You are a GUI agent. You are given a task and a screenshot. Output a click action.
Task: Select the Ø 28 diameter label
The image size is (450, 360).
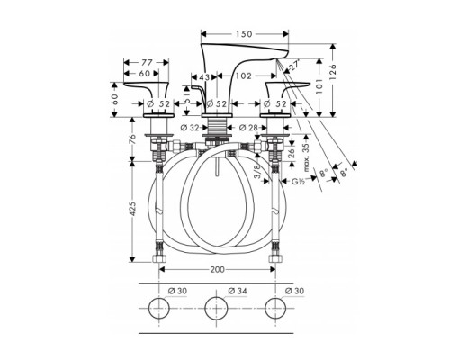[253, 127]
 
